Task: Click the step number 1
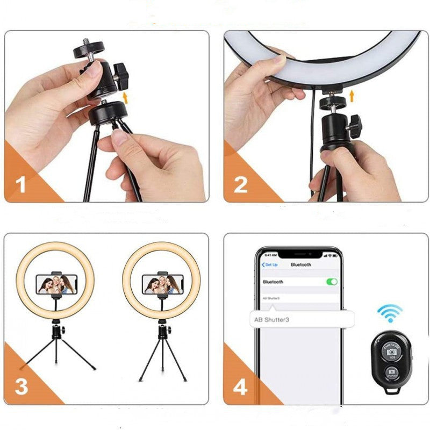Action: (x=21, y=185)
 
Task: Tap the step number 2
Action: (x=240, y=185)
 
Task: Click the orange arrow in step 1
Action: (x=127, y=97)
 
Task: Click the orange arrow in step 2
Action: (x=352, y=97)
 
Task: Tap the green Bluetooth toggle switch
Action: (x=332, y=282)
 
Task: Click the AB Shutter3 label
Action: (x=271, y=319)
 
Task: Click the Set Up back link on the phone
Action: (x=270, y=265)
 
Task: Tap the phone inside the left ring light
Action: (x=55, y=283)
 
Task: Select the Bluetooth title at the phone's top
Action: (x=300, y=265)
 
